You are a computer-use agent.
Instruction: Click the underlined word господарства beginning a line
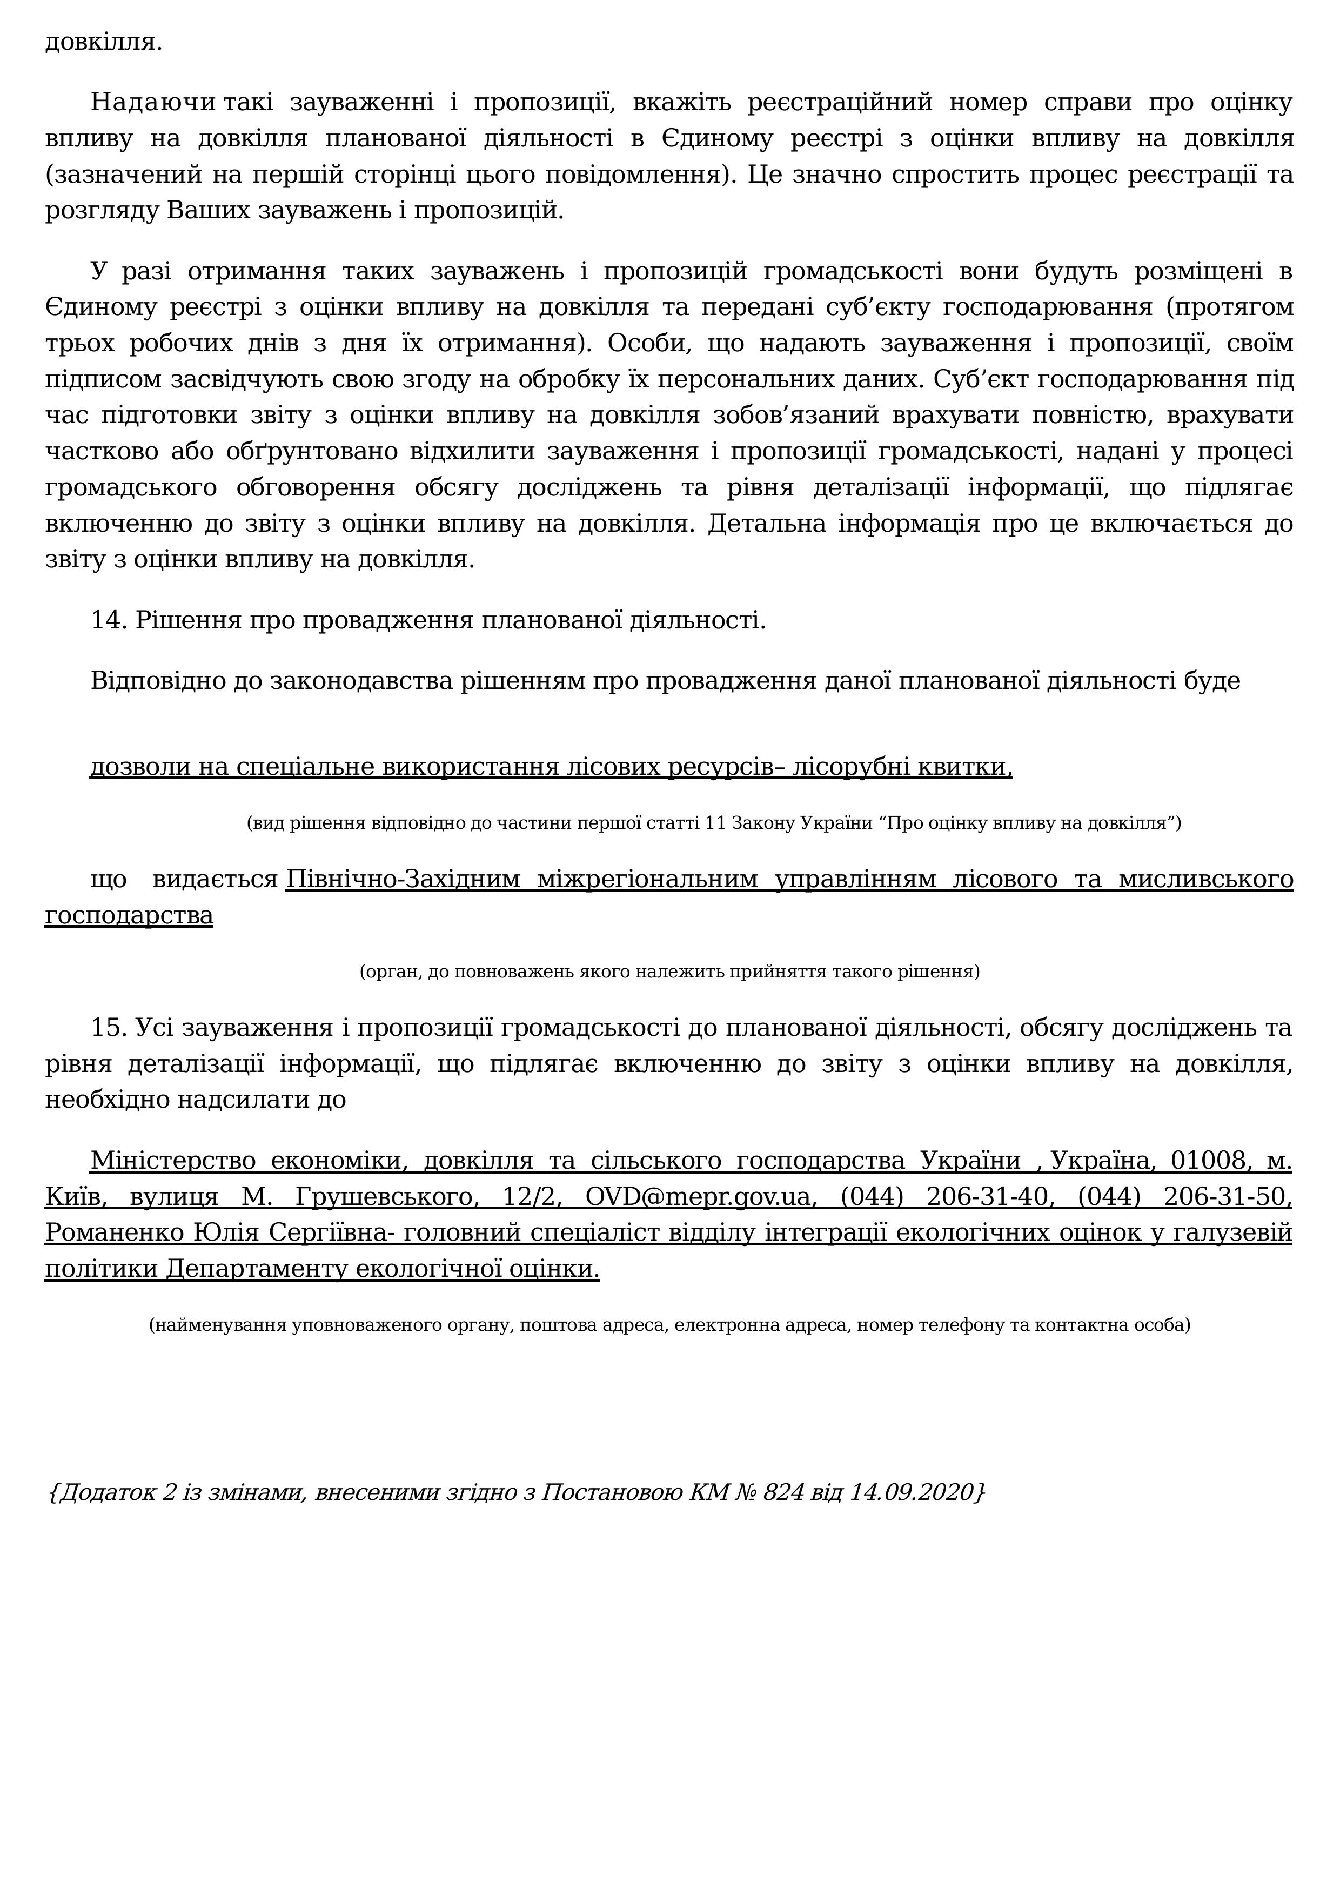pyautogui.click(x=129, y=916)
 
